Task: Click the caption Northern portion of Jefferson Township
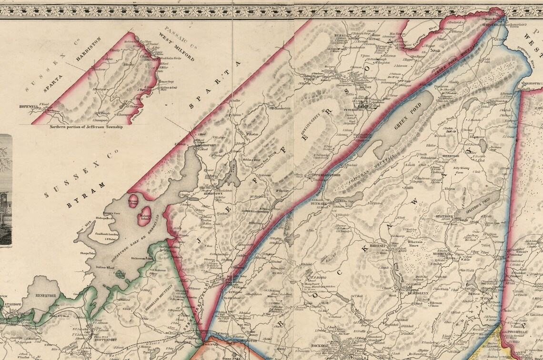coord(86,127)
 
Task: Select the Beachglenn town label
coord(404,294)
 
